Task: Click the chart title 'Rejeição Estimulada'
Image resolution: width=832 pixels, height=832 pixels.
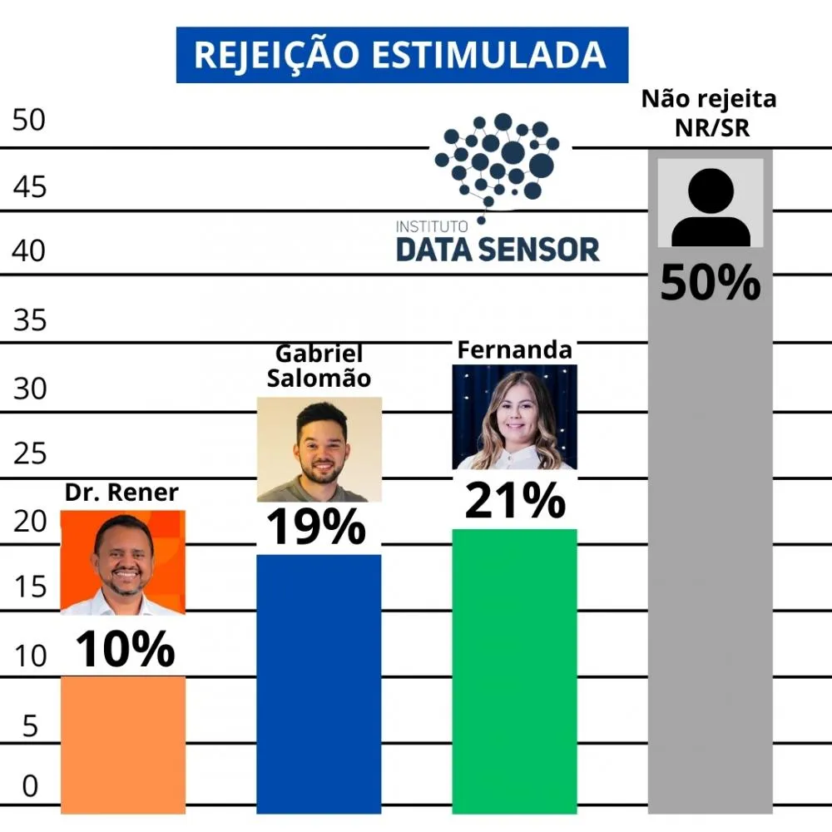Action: click(x=401, y=55)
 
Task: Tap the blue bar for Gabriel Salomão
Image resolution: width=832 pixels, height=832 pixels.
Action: click(x=319, y=682)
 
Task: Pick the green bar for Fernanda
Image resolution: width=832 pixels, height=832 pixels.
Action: click(x=514, y=670)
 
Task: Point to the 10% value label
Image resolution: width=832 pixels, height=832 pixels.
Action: click(x=126, y=649)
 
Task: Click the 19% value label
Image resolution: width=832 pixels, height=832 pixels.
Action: click(x=316, y=527)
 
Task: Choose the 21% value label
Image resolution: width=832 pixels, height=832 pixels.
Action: click(x=514, y=501)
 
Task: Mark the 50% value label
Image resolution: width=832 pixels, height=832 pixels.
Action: click(x=711, y=283)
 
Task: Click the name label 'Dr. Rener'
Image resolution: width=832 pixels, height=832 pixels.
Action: click(x=121, y=493)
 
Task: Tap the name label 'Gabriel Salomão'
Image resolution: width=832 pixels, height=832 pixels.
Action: click(x=319, y=366)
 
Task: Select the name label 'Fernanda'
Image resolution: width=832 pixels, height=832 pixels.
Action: click(x=514, y=350)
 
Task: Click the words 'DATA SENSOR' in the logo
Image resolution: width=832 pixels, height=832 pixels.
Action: click(x=498, y=249)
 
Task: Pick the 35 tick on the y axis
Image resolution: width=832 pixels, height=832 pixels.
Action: click(x=31, y=320)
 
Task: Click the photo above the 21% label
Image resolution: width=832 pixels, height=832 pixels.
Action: click(x=514, y=417)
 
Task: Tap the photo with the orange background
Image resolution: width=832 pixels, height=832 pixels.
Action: click(x=123, y=562)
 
